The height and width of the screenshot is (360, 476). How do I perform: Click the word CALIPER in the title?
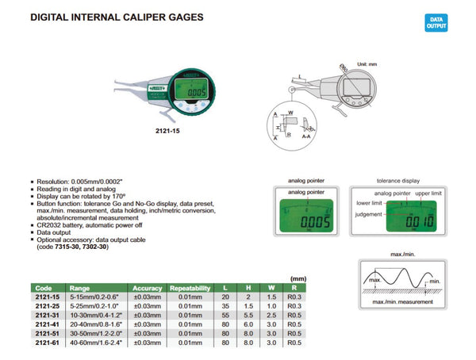point(128,17)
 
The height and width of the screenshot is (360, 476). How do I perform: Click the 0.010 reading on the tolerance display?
point(412,223)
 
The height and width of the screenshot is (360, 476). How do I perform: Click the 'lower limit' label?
point(366,203)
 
